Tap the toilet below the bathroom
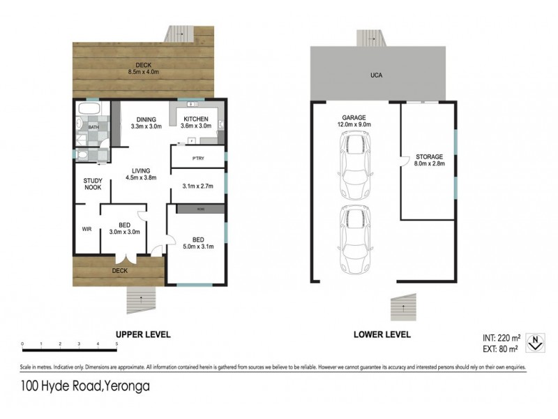[x=82, y=155]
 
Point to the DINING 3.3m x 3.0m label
[x=146, y=123]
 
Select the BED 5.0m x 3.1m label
[x=199, y=242]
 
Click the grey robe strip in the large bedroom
[x=200, y=209]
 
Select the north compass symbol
[x=534, y=342]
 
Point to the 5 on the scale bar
[x=116, y=344]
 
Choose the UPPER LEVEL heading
[x=142, y=335]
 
